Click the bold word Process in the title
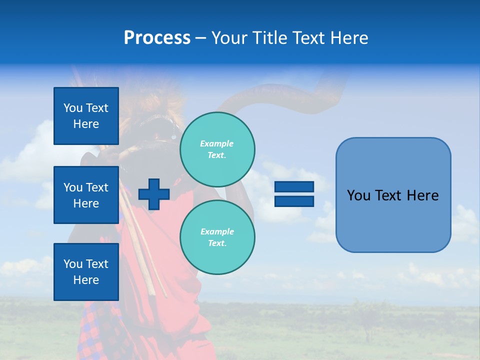coord(157,38)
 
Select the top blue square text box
coord(86,116)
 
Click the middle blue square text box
coord(86,195)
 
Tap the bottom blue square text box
coord(86,271)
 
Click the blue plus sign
coord(154,194)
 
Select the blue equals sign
coord(294,194)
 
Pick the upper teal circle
coord(217,149)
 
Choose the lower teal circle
coord(217,237)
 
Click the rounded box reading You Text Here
coord(393,195)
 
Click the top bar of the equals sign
coord(294,187)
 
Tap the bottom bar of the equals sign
coord(294,201)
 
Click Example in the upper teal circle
coord(217,143)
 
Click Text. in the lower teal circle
coord(217,243)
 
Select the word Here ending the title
coord(350,38)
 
